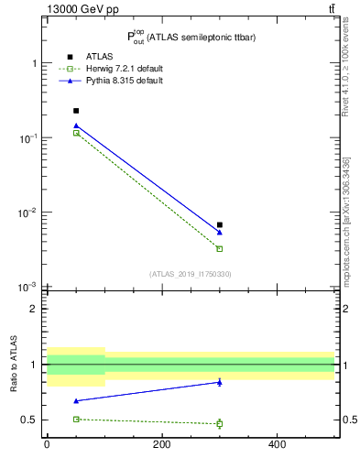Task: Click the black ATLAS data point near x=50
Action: [76, 111]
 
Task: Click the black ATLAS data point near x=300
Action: [220, 224]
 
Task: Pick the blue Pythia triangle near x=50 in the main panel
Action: [76, 125]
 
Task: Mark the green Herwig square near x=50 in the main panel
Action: [76, 133]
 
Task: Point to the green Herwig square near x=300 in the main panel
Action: [220, 248]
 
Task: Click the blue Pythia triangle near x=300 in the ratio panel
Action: [220, 382]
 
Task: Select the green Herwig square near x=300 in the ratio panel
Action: [220, 423]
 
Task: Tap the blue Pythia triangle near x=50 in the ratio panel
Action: [76, 400]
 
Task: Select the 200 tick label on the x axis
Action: [162, 445]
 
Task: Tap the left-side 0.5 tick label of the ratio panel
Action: [29, 420]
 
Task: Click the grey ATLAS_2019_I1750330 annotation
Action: [190, 274]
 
